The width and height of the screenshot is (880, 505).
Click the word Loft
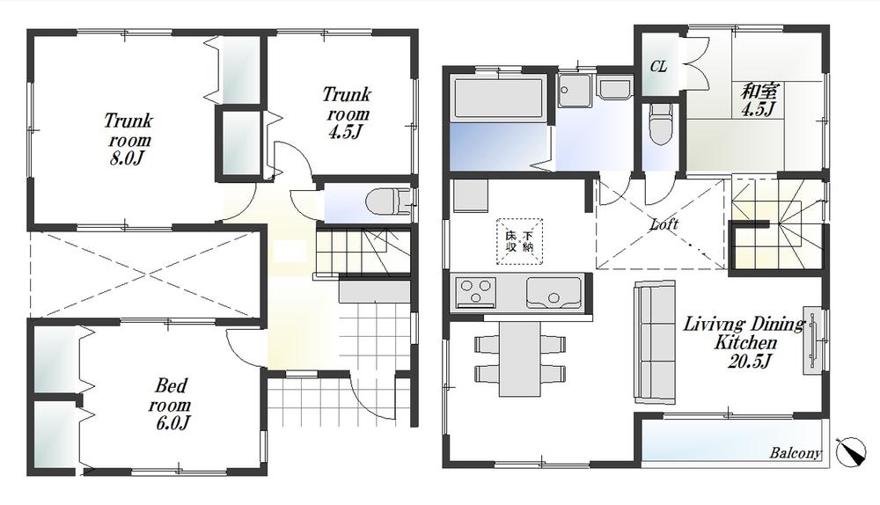pyautogui.click(x=664, y=224)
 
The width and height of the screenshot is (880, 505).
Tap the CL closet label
pyautogui.click(x=658, y=67)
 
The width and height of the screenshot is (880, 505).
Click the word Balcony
pyautogui.click(x=795, y=454)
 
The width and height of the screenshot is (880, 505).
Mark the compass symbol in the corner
pyautogui.click(x=851, y=451)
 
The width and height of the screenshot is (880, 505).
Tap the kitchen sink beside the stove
pyautogui.click(x=553, y=291)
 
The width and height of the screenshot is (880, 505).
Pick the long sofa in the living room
pyautogui.click(x=654, y=343)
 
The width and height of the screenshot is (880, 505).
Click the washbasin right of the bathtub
pyautogui.click(x=614, y=88)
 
